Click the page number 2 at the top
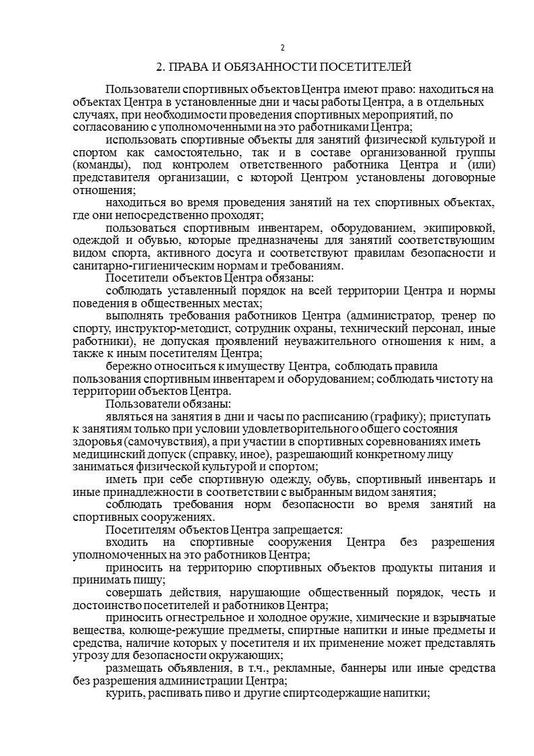282,47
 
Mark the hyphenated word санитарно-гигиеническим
131,265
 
